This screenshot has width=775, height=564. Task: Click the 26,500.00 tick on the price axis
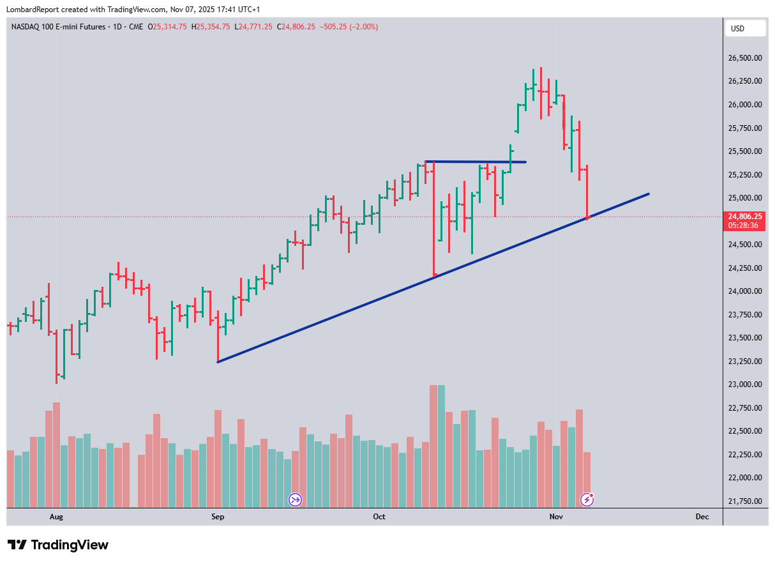(x=745, y=58)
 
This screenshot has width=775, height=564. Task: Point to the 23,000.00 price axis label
(x=745, y=385)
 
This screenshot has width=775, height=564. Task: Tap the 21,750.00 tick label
(x=745, y=501)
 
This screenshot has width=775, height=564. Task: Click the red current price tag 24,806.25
(x=745, y=217)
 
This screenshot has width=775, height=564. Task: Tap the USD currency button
(x=738, y=28)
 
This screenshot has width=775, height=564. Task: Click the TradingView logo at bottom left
(x=58, y=545)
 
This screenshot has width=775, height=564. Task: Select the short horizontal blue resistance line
(x=476, y=162)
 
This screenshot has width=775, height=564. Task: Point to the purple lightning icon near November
(x=587, y=499)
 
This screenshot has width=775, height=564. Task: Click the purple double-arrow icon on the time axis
(x=295, y=499)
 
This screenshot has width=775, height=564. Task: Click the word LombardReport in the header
(x=32, y=10)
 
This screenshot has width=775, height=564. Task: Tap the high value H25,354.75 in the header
(x=213, y=27)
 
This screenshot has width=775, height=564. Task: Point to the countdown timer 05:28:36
(x=745, y=225)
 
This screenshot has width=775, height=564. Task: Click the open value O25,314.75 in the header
(x=167, y=27)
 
